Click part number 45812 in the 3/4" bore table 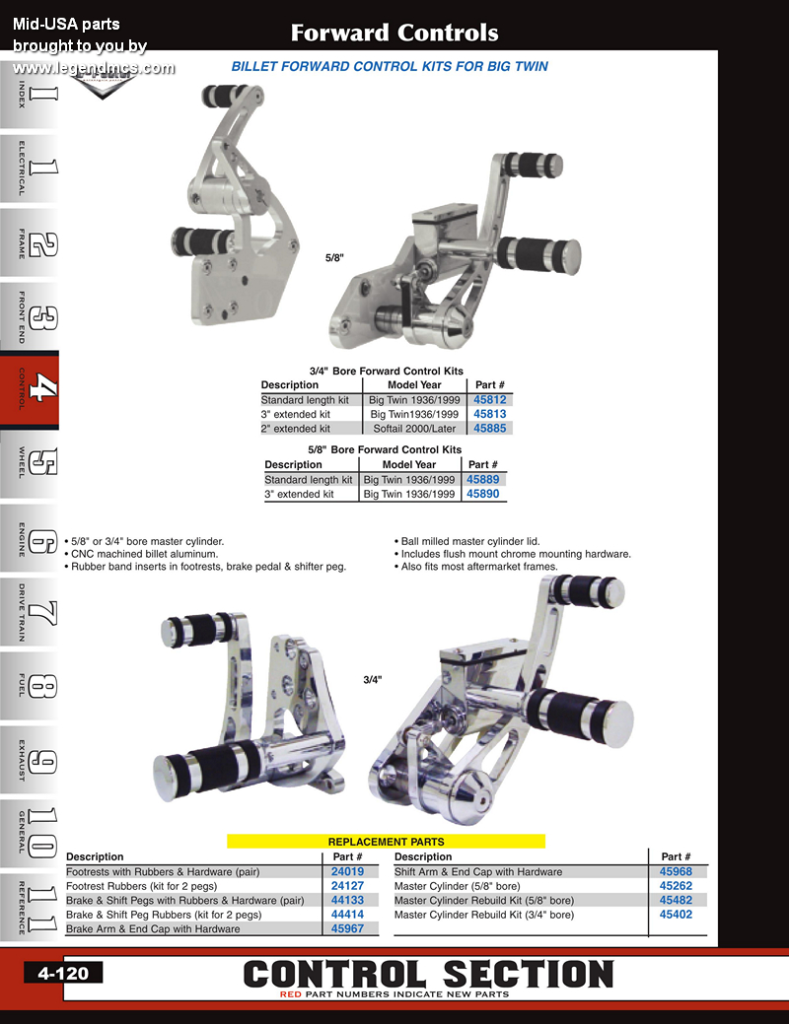point(489,400)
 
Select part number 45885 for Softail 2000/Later point(489,429)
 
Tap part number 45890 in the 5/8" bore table point(482,494)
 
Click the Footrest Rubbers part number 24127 point(347,886)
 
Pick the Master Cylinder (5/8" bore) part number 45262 point(676,886)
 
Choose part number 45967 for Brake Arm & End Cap point(347,928)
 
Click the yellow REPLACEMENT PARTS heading point(386,841)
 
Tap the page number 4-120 point(63,973)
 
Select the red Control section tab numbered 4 point(30,389)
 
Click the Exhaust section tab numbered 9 point(30,761)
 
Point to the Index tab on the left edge point(30,95)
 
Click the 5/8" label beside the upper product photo point(334,258)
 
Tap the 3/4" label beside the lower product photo point(373,680)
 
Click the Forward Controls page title point(394,33)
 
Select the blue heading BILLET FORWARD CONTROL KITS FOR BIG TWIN point(390,66)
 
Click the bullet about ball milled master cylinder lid point(466,541)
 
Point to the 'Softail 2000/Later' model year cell point(414,429)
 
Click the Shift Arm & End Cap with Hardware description point(478,871)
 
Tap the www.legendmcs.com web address point(94,67)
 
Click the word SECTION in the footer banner point(529,974)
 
